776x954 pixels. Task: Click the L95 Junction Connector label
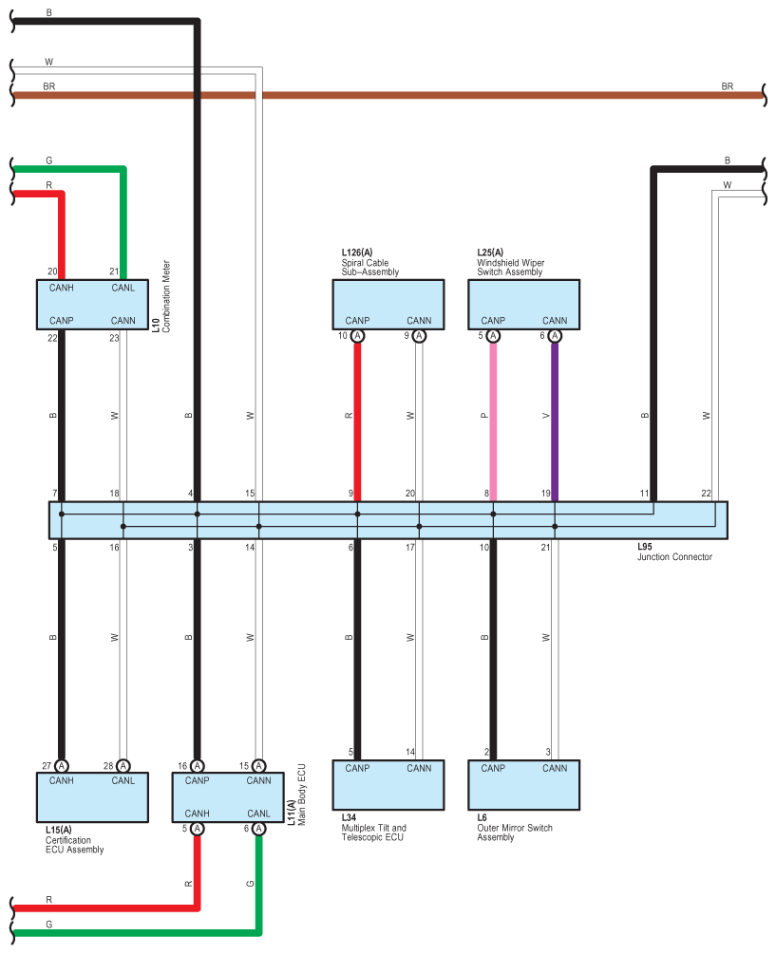pos(674,552)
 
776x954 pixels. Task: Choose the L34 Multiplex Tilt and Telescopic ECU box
pos(388,785)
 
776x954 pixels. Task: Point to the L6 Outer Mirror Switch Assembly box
pos(523,785)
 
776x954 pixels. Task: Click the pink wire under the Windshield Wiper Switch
pos(493,418)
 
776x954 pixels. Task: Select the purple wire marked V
pos(555,418)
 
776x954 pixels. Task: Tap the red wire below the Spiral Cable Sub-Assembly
pos(357,418)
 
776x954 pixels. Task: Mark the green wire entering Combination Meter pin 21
pos(123,218)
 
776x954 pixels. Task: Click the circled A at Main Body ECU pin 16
pos(198,766)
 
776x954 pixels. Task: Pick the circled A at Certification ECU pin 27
pos(62,766)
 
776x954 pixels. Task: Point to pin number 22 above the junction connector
pos(706,494)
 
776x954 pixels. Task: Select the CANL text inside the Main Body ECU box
pos(258,814)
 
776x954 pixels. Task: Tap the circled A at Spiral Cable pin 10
pos(357,336)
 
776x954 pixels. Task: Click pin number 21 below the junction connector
pos(545,548)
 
